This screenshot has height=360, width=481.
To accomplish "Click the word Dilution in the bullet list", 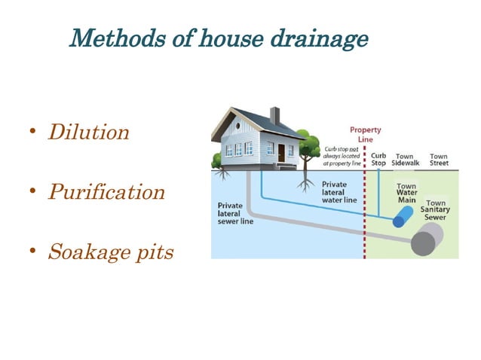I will click(89, 133).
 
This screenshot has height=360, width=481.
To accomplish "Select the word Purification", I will click(106, 192).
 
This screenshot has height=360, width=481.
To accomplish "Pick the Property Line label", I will click(366, 135).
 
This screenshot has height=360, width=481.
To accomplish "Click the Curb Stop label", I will click(379, 160).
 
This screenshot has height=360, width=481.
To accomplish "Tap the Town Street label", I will click(439, 160).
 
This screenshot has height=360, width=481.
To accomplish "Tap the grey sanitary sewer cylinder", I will click(426, 242).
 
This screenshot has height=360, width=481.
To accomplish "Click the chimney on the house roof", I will click(274, 115).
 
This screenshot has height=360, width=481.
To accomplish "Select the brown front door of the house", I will click(280, 153).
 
